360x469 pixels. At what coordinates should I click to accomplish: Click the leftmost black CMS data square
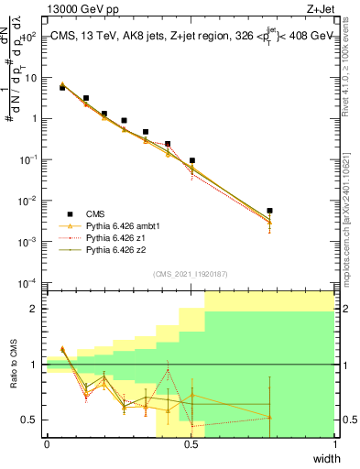[x=62, y=88]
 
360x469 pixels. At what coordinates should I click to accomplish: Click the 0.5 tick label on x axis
[x=191, y=444]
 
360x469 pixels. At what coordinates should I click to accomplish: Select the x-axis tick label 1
[x=335, y=444]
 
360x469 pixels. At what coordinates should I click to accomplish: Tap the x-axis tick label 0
[x=47, y=444]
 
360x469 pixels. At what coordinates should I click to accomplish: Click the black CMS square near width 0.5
[x=191, y=160]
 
